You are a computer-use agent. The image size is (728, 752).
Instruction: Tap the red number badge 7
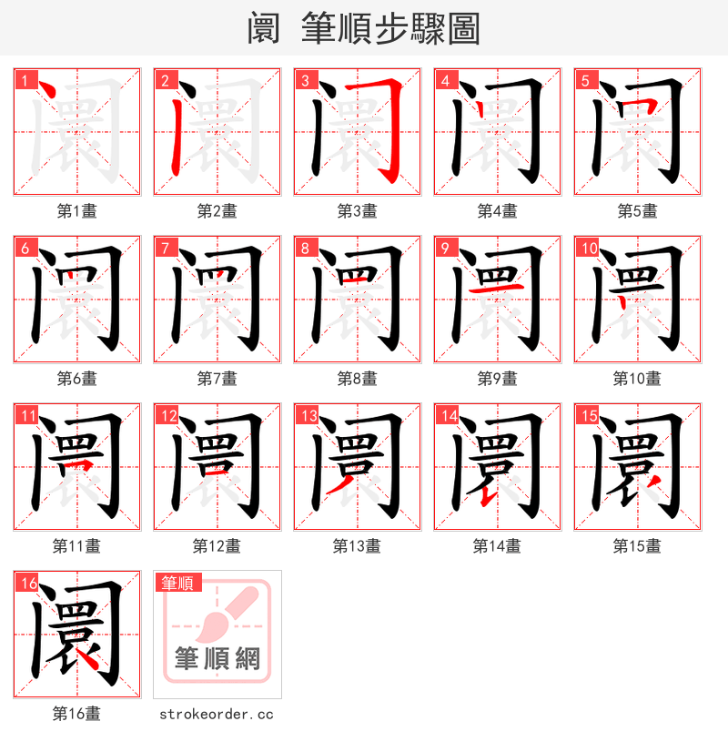[x=165, y=248]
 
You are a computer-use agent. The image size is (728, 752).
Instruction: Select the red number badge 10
[x=587, y=248]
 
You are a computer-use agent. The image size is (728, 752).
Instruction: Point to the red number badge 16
[x=26, y=583]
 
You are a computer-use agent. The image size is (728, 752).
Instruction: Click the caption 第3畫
[x=357, y=211]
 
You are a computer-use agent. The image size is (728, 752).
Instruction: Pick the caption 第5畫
[x=637, y=211]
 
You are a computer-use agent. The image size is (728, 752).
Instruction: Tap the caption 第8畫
[x=357, y=379]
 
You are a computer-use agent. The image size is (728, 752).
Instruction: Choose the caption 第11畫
[x=76, y=546]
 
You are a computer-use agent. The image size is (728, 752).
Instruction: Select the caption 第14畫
[x=497, y=546]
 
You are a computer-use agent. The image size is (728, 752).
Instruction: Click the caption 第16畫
[x=76, y=714]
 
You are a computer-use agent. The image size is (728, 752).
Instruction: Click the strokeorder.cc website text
[x=217, y=715]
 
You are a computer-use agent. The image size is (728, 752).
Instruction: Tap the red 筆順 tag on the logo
[x=177, y=583]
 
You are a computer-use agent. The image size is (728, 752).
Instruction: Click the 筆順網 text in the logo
[x=217, y=658]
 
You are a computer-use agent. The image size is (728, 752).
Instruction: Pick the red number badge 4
[x=445, y=80]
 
